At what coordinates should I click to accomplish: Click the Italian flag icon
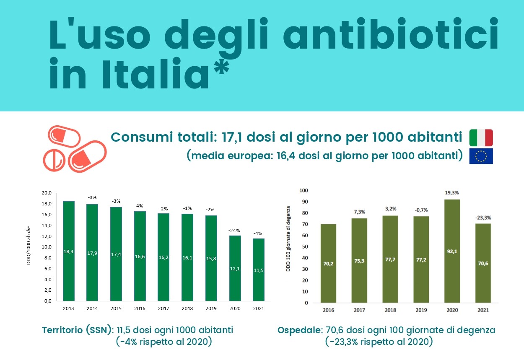(481, 137)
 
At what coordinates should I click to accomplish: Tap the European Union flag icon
(481, 156)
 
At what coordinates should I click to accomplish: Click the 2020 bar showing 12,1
(235, 268)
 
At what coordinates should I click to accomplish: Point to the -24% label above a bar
(235, 231)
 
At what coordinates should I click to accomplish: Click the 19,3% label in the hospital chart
(452, 193)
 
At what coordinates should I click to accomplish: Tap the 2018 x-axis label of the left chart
(187, 308)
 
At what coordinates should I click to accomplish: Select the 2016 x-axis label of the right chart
(328, 310)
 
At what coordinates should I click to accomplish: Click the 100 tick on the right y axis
(304, 190)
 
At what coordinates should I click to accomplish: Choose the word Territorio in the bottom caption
(68, 330)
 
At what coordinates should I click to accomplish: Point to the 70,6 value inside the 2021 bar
(483, 264)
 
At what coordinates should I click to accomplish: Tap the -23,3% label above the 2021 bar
(483, 218)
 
